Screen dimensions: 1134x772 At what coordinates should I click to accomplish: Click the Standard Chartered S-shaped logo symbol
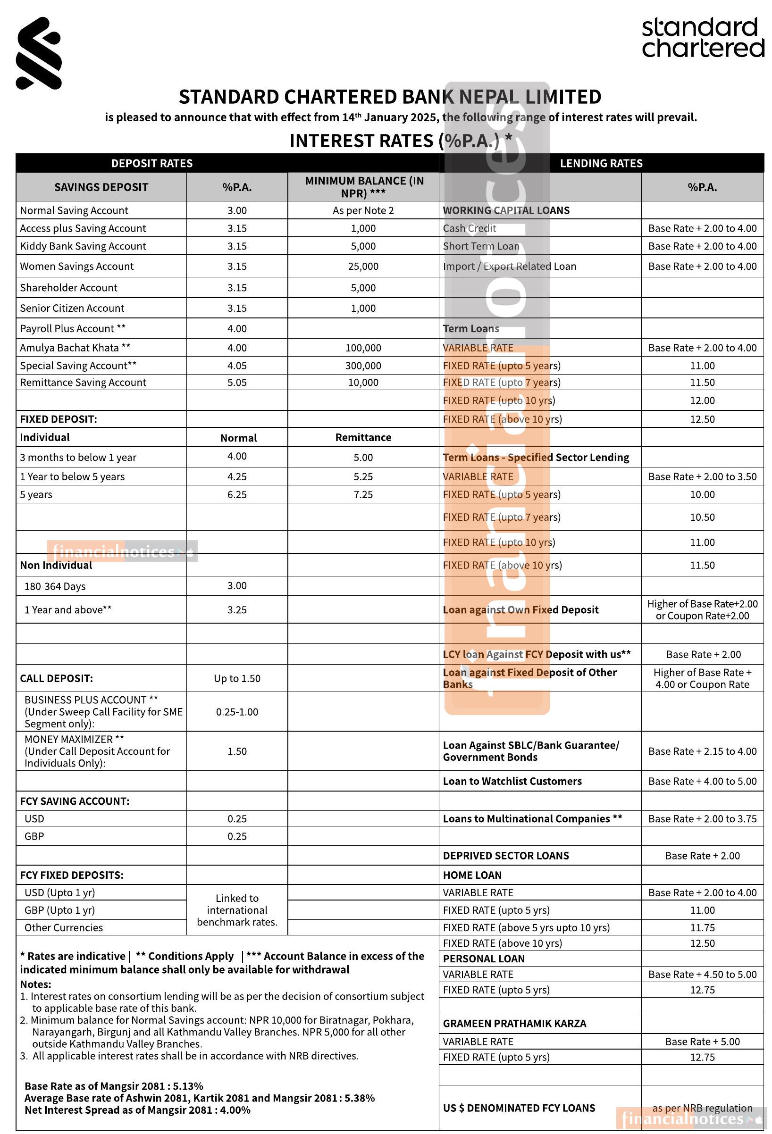39,53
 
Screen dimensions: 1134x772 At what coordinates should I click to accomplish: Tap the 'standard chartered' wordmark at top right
702,38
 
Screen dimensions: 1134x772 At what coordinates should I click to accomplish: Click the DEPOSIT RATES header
152,163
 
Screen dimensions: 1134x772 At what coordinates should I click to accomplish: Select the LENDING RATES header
601,163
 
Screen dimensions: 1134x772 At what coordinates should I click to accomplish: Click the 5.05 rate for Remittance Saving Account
237,382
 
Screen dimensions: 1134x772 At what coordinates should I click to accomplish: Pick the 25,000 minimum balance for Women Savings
363,266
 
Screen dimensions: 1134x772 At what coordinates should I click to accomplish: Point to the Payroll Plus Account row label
73,328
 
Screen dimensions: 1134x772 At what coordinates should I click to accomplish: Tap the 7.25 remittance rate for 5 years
363,494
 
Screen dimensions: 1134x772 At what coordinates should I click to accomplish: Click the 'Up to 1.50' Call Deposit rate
237,678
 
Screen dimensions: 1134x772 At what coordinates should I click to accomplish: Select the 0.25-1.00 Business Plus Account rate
237,711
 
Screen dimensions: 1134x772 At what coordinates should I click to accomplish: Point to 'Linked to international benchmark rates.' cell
237,909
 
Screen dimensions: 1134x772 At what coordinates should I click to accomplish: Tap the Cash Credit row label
469,228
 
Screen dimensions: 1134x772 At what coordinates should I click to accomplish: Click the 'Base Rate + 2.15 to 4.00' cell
702,751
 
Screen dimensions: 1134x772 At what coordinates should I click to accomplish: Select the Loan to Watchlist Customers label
512,781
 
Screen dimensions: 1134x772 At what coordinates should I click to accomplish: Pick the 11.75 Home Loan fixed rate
702,927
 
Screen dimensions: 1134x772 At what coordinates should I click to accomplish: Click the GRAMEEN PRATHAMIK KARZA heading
514,1023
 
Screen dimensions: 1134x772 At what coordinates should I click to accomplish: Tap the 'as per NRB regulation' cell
702,1108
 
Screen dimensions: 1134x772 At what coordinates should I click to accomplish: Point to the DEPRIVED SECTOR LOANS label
505,855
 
